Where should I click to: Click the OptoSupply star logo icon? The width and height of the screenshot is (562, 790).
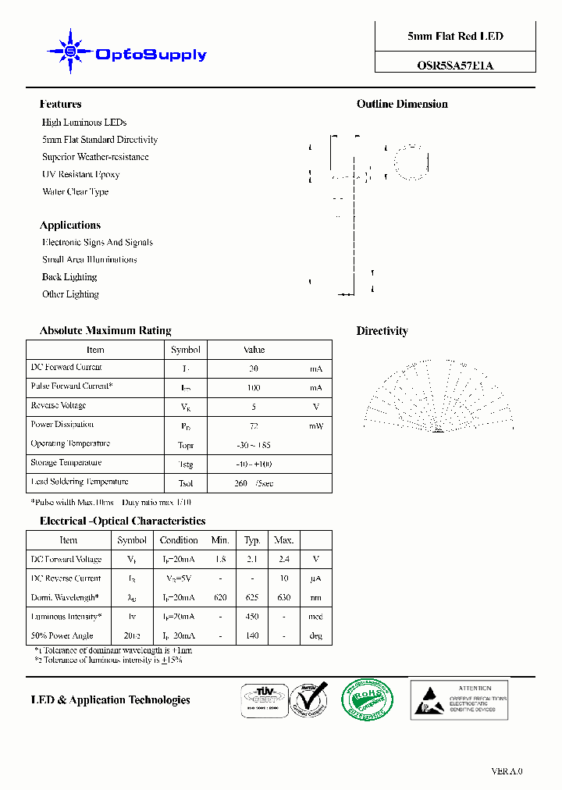coord(70,52)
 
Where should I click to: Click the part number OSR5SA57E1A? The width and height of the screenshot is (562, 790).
coord(455,66)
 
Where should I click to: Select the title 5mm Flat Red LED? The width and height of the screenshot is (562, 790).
coord(455,37)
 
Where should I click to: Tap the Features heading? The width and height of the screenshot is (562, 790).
coord(60,105)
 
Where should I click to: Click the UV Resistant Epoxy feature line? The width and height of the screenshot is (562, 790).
coord(80,175)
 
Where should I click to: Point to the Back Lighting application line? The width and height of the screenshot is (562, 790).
coord(69,277)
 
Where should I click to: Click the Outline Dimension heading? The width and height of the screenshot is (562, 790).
coord(402,105)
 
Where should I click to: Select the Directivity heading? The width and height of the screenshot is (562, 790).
coord(382,331)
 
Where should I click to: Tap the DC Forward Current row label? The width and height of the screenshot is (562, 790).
coord(66,368)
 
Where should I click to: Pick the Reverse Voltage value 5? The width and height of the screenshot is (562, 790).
coord(254,407)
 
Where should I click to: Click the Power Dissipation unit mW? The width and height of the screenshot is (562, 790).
coord(315,425)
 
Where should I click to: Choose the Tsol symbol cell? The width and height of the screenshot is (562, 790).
coord(186,483)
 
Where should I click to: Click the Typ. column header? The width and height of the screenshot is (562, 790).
coord(252,540)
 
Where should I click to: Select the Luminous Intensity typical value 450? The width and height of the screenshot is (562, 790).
coord(252,617)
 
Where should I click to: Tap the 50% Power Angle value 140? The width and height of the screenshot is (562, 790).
coord(252,636)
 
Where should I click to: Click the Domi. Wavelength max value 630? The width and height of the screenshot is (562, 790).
coord(284,598)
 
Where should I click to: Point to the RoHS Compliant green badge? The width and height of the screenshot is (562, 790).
coord(368,699)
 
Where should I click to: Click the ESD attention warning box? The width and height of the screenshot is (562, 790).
coord(459,699)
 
